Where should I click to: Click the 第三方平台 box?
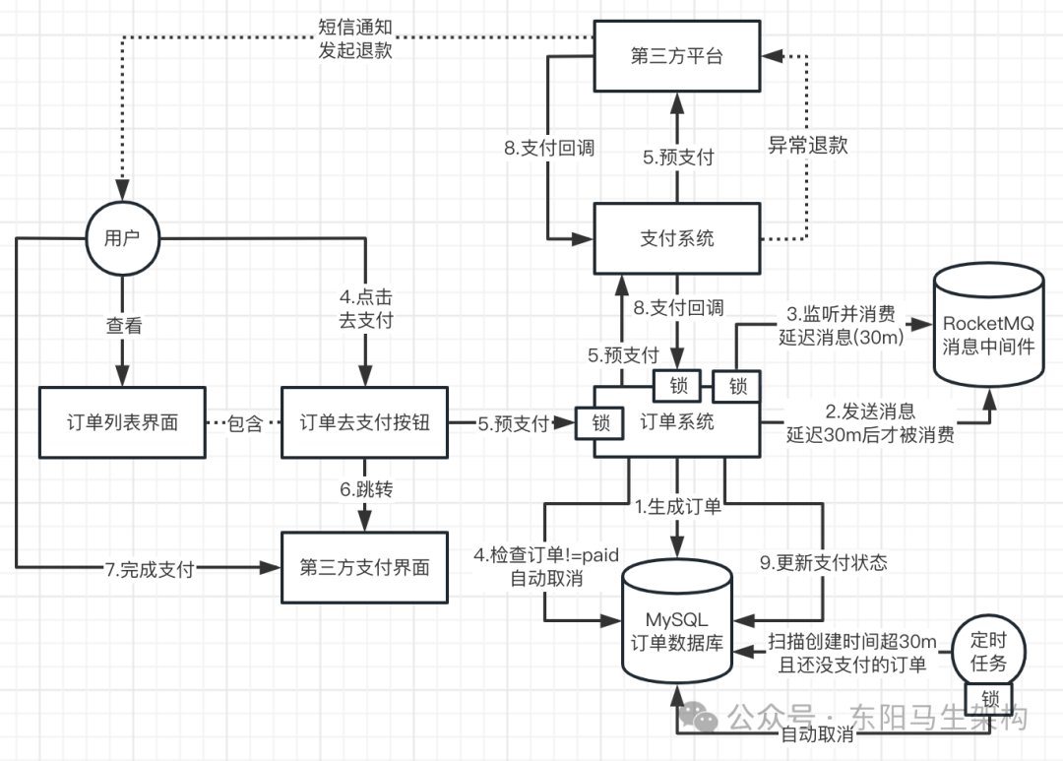(677, 56)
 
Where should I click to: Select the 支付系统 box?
(677, 237)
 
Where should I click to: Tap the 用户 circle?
(121, 237)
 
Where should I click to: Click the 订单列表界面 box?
(121, 422)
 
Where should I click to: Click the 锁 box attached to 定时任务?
(989, 698)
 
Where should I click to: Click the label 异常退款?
(807, 145)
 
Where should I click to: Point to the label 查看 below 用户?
(121, 326)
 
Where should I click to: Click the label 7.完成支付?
(150, 568)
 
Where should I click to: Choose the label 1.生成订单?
(678, 507)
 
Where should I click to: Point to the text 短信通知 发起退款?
(355, 38)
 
